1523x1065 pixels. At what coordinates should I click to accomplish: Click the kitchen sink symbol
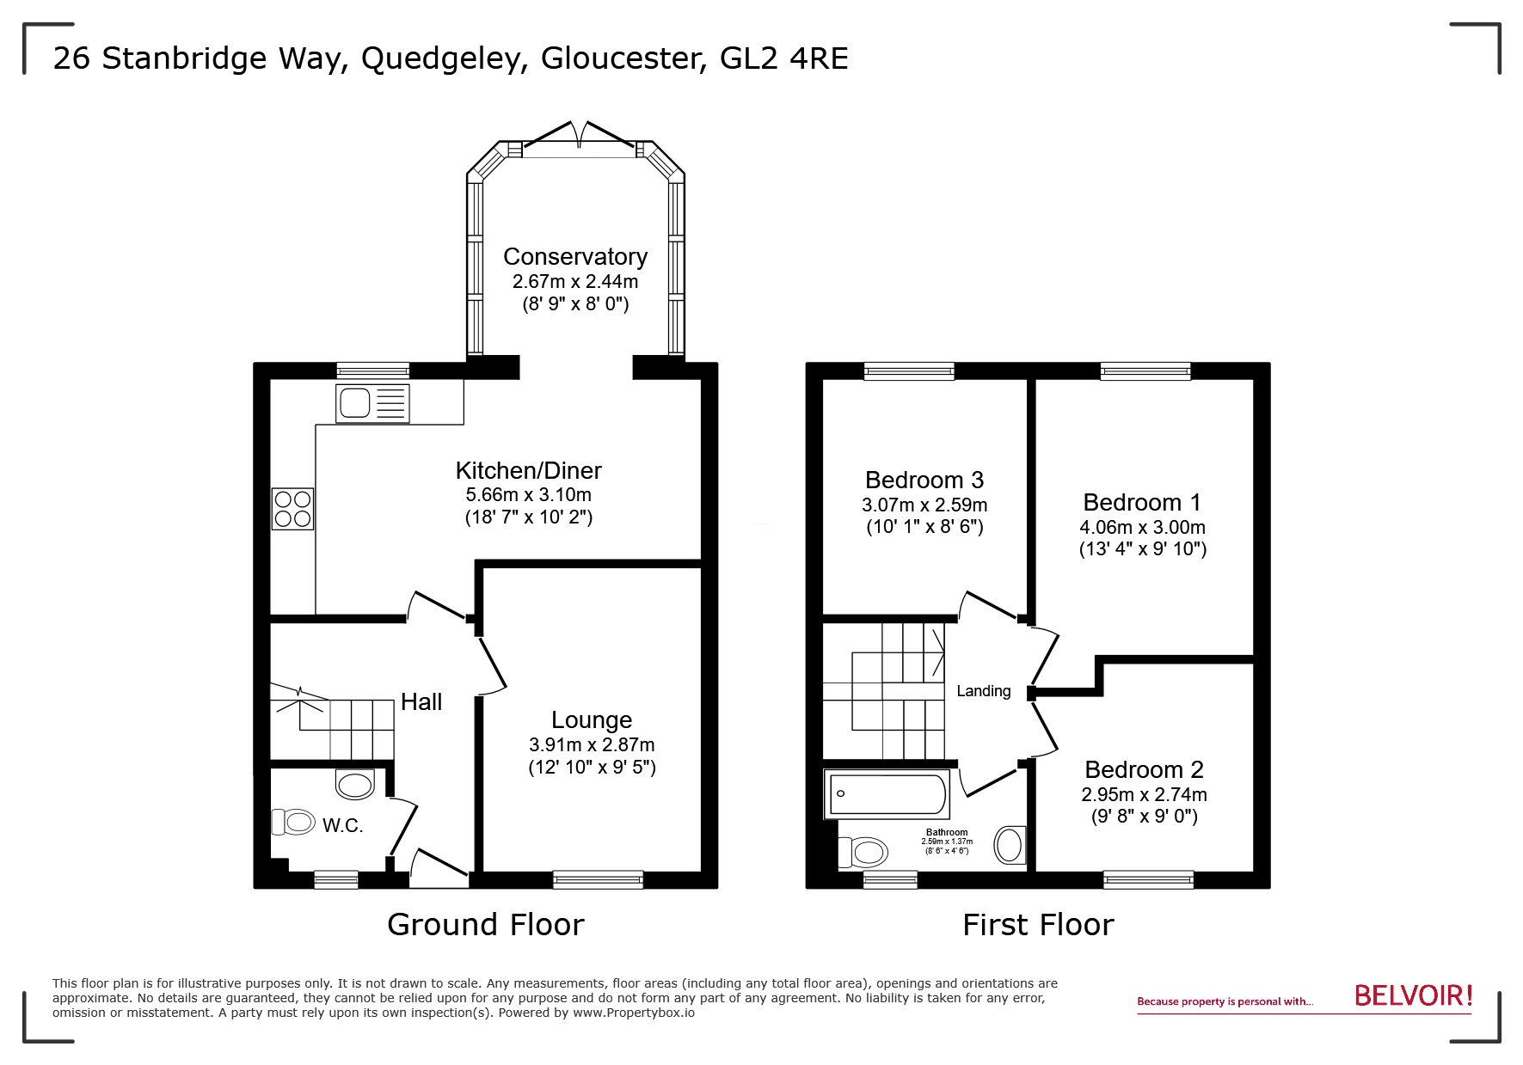[x=373, y=403]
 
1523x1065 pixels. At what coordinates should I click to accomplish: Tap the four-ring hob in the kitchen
[x=292, y=508]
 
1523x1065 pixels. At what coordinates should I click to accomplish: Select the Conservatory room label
[x=574, y=256]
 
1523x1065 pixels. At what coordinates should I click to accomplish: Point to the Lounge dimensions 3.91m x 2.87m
[x=592, y=744]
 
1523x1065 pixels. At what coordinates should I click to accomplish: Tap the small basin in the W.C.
[x=355, y=784]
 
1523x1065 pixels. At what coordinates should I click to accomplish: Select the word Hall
[x=421, y=702]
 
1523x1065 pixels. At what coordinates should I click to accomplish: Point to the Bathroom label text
[x=947, y=832]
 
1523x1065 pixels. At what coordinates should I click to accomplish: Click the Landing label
[x=983, y=691]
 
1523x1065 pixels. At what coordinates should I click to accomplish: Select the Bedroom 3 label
[x=924, y=480]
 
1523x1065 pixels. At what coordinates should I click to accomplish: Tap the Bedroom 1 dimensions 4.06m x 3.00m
[x=1142, y=527]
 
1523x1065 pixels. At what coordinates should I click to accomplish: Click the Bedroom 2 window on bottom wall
[x=1148, y=879]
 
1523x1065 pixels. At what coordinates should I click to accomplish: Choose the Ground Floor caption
[x=485, y=925]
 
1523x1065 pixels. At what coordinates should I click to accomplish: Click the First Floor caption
[x=1037, y=925]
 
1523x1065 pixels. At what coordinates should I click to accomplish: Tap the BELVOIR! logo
[x=1413, y=995]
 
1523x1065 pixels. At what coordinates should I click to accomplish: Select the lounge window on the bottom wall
[x=598, y=879]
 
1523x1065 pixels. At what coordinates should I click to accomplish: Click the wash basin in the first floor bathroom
[x=1010, y=845]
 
